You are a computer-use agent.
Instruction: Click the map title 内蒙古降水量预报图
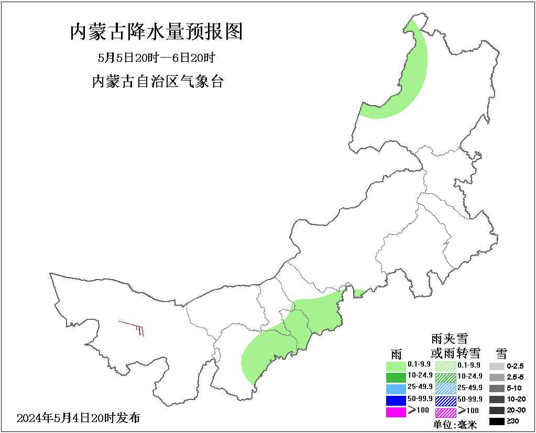(x=156, y=32)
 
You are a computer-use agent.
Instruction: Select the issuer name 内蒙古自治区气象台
(x=157, y=82)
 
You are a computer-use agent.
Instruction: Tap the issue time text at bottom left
(x=79, y=418)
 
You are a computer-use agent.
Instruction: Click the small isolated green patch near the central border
(x=359, y=293)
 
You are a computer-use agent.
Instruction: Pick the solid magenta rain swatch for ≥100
(x=396, y=412)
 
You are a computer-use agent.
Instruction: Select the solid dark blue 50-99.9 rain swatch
(x=396, y=401)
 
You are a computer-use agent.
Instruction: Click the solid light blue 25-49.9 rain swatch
(x=396, y=388)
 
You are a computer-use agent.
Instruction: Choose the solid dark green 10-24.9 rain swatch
(x=396, y=377)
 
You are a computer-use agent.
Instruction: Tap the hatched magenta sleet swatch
(x=445, y=412)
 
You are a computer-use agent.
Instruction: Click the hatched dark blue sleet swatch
(x=445, y=401)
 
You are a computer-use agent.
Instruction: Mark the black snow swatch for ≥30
(x=496, y=421)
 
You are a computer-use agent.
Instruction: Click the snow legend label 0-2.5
(x=516, y=366)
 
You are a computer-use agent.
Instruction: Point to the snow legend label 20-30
(x=516, y=410)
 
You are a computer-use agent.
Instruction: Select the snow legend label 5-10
(x=515, y=388)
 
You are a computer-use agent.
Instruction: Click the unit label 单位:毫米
(x=455, y=425)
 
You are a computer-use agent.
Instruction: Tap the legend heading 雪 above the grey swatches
(x=501, y=352)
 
